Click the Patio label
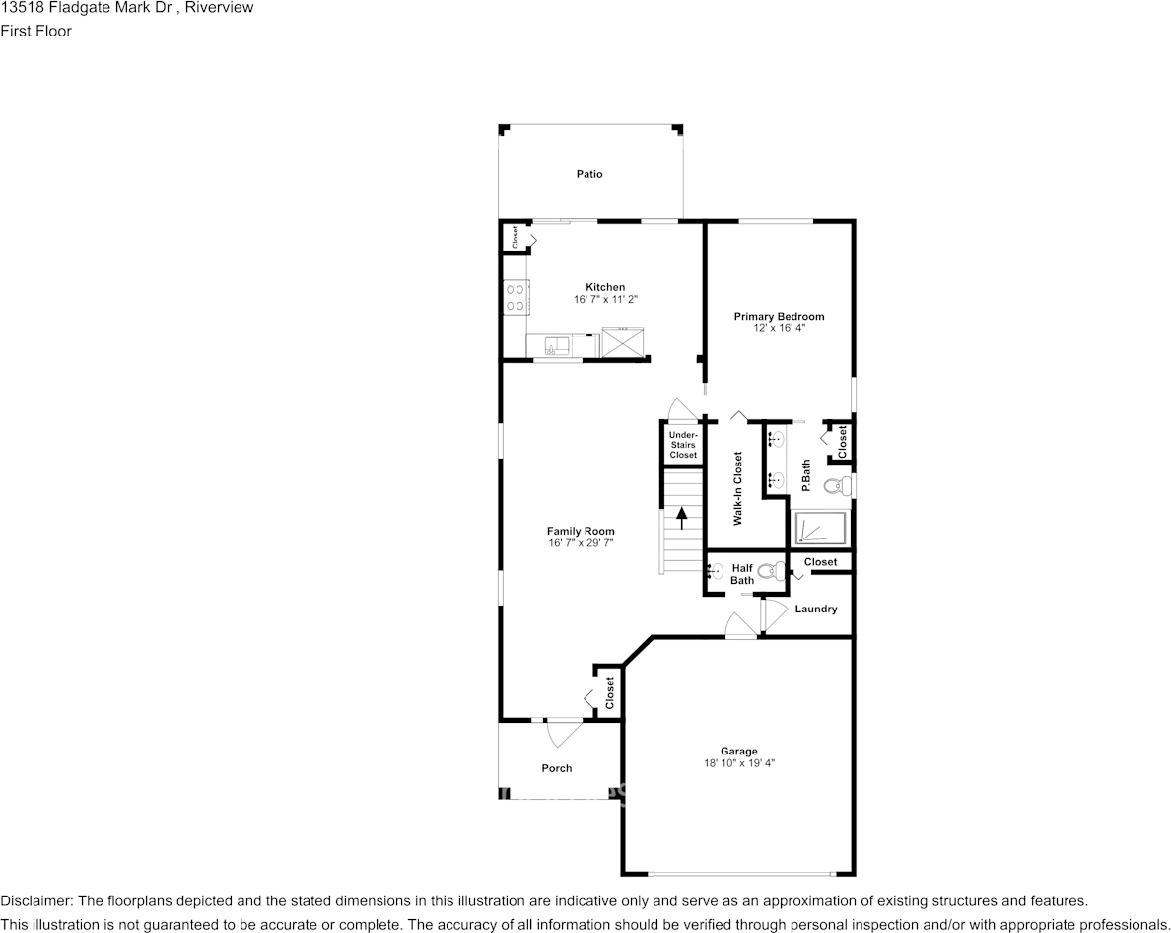coord(589,174)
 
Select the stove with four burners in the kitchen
coord(515,297)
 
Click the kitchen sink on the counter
coord(555,345)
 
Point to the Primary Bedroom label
coord(779,317)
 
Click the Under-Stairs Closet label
coord(683,445)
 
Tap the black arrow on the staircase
coord(681,517)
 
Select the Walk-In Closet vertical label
coord(737,488)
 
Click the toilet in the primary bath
coord(837,485)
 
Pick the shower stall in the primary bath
coord(820,529)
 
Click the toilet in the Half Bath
coord(773,570)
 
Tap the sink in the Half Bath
coord(716,570)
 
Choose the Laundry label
coord(816,610)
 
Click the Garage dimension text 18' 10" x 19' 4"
coord(738,763)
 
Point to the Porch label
coord(557,768)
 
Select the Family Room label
coord(582,531)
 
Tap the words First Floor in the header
coord(35,31)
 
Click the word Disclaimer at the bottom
coord(34,901)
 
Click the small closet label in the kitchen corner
coord(515,237)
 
